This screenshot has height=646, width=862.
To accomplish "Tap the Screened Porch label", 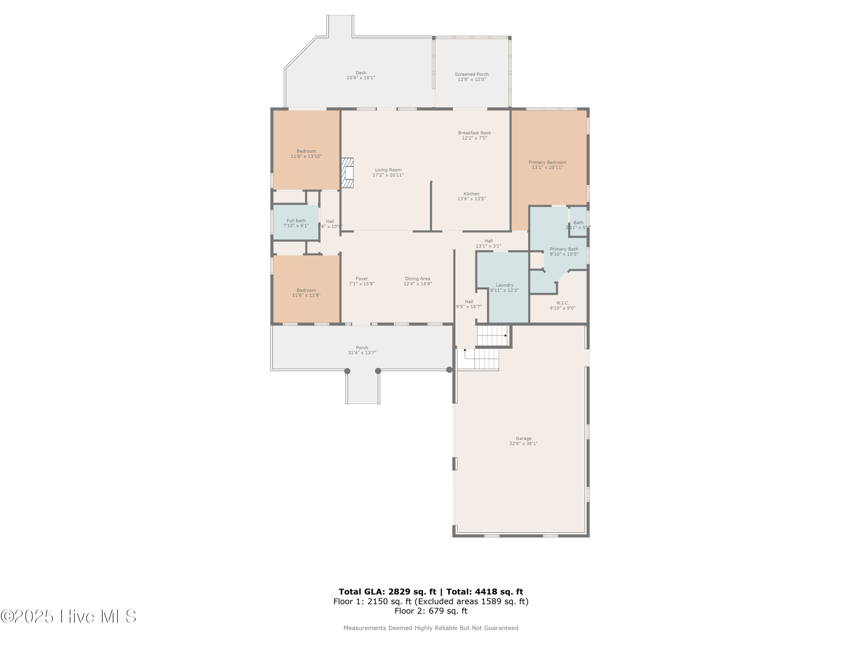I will pos(472,74).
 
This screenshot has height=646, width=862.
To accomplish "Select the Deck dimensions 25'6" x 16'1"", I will pos(361,78).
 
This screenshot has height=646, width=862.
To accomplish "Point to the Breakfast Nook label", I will pos(474,133).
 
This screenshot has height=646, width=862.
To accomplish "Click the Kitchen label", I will pos(471,194).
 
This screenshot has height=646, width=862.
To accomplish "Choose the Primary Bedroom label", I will pos(547,163).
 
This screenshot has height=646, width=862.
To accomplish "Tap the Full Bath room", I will pos(296,223).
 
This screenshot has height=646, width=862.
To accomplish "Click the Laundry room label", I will pos(504,285).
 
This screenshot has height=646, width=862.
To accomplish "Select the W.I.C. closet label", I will pos(562,303).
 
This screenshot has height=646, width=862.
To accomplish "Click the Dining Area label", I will pos(417,279).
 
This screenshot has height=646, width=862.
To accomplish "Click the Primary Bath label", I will pos(564,249).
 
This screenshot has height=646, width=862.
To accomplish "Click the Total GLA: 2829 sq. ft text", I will pos(387,592).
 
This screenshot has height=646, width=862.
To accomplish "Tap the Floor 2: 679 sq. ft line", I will pos(431,611).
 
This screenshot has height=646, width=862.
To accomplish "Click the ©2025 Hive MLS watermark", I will pos(68,616).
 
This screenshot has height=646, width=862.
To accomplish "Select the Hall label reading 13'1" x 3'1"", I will pos(488,246).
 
